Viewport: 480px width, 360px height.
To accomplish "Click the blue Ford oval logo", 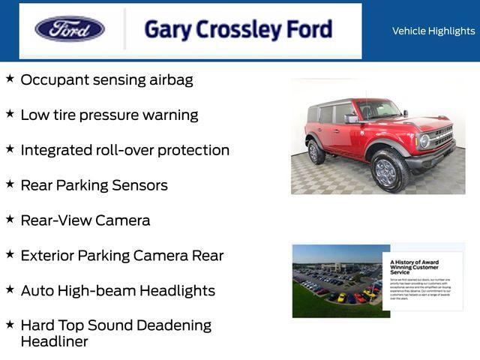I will (70, 29).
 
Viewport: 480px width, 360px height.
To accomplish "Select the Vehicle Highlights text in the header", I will (433, 31).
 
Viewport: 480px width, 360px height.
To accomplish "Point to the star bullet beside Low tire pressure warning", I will (10, 113).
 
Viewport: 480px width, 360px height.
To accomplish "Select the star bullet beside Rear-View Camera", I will (10, 218).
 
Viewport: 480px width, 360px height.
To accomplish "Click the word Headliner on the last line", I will (54, 341).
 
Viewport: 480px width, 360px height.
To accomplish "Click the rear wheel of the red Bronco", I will (316, 151).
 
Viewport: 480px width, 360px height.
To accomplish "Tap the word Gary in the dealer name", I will (164, 29).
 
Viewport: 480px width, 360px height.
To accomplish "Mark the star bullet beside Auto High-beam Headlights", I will (10, 289).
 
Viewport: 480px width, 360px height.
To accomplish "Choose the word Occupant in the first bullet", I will (53, 79).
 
